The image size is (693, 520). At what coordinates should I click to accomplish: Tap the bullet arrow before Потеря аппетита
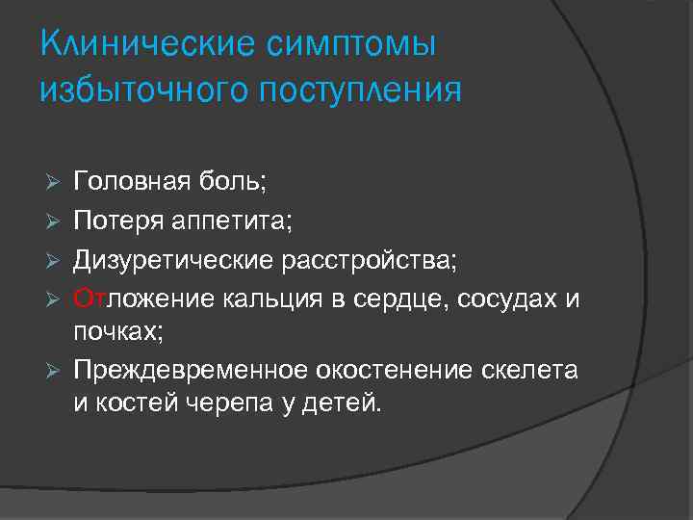tap(57, 222)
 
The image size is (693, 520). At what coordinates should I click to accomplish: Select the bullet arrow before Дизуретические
tap(57, 260)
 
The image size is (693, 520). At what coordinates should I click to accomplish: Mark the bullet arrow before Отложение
tap(57, 299)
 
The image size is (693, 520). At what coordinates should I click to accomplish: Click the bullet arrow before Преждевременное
tap(57, 371)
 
